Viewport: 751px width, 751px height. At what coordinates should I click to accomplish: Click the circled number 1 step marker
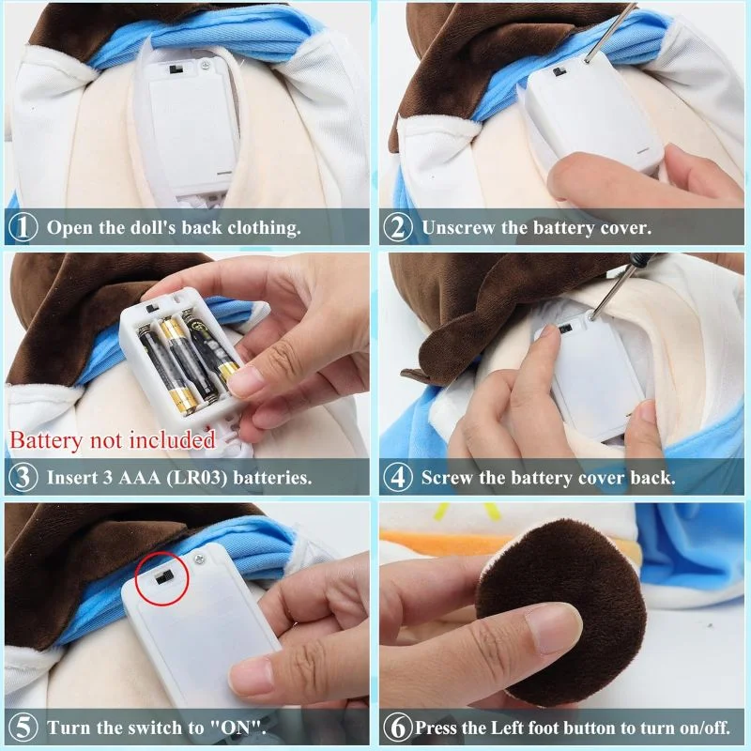(23, 227)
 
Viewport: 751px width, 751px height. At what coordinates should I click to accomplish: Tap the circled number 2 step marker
(397, 227)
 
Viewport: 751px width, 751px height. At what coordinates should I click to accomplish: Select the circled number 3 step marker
(23, 478)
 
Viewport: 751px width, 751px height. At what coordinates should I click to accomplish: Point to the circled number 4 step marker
(397, 478)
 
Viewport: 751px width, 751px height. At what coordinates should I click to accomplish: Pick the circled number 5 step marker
(23, 728)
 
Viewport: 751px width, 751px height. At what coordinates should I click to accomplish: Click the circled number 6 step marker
(397, 728)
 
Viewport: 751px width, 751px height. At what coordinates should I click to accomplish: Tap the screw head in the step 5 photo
(199, 558)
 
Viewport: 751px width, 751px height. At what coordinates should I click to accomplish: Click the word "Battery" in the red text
(46, 440)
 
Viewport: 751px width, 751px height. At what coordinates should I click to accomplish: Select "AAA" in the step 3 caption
(140, 478)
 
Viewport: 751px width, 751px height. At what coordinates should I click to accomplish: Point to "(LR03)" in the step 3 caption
(197, 478)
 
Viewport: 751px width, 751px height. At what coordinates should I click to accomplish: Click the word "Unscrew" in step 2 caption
(458, 227)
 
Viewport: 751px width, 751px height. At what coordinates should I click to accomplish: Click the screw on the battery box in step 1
(206, 64)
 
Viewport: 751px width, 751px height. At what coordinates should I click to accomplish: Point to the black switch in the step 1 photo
(176, 69)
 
